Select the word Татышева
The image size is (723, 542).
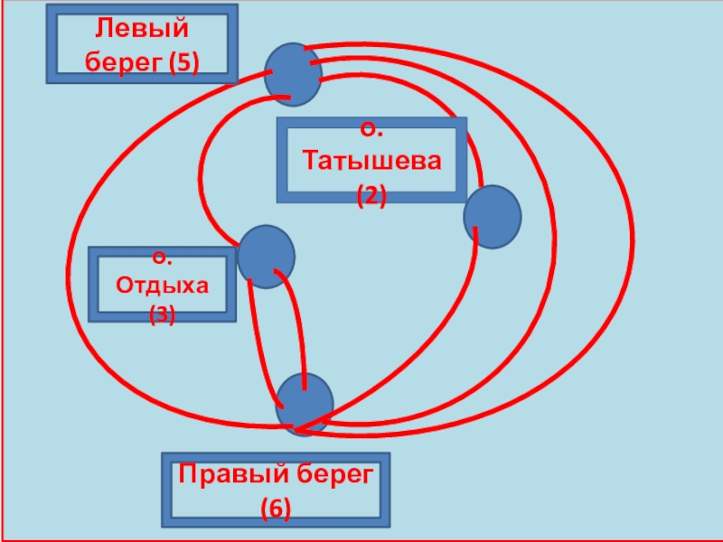pos(372,163)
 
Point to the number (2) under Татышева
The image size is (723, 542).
pos(371,194)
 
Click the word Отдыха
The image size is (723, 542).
pos(163,285)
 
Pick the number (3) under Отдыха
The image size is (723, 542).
pos(163,314)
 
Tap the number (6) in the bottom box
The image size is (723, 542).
pos(276,509)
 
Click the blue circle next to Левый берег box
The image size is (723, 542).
pos(293,74)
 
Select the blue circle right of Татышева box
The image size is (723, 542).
pos(493,216)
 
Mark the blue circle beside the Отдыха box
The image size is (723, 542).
pos(266,257)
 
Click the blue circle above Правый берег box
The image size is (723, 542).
pos(304,403)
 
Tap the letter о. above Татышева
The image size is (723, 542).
pos(371,132)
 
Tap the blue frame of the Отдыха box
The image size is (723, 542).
pos(92,284)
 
